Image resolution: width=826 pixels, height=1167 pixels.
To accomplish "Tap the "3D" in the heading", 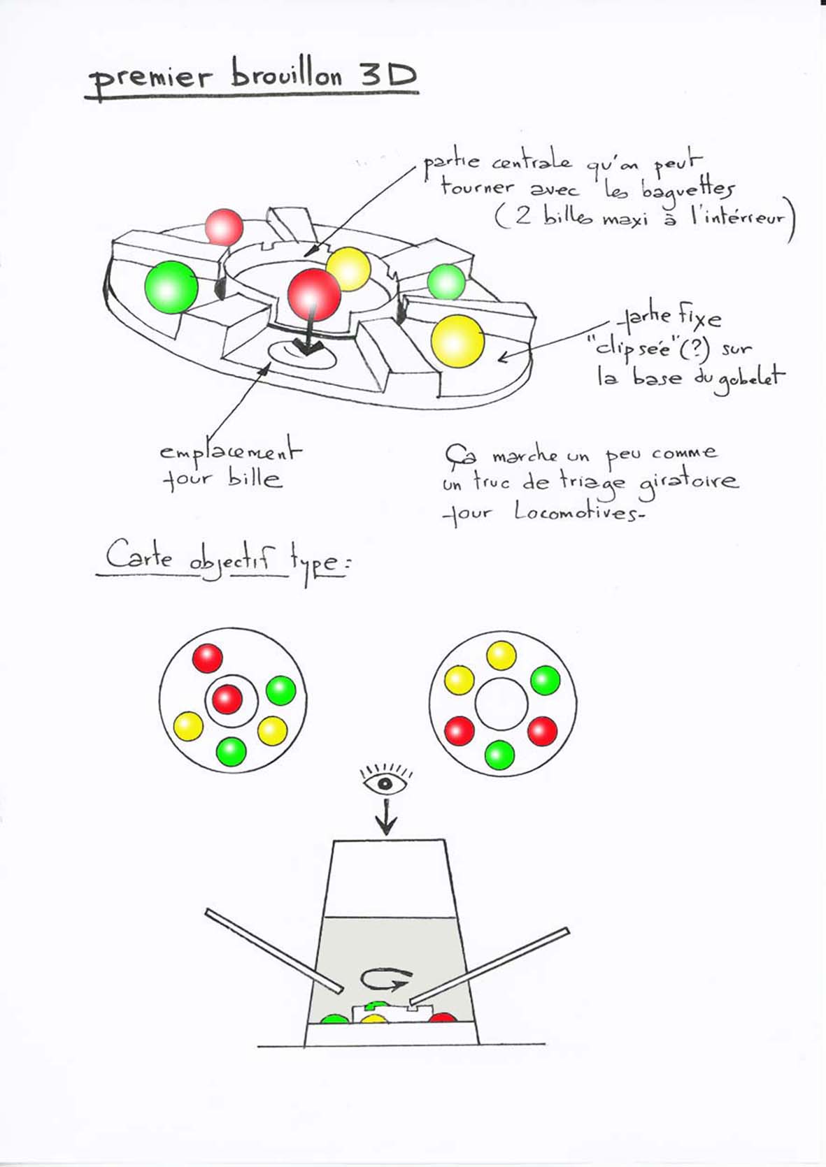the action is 388,75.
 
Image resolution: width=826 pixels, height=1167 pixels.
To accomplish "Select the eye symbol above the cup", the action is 386,783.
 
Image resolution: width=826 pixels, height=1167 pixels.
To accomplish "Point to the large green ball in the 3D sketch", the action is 171,287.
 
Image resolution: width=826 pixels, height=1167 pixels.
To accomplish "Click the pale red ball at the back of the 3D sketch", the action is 224,227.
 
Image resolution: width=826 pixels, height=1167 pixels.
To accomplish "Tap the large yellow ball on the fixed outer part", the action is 457,342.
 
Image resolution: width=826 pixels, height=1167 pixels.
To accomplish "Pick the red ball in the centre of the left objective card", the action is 227,700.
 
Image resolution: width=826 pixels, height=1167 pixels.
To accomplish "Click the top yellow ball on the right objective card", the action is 501,655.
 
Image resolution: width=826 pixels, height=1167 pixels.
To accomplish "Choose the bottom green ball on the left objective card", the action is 231,751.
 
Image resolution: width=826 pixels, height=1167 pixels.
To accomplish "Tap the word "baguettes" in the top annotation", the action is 686,191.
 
